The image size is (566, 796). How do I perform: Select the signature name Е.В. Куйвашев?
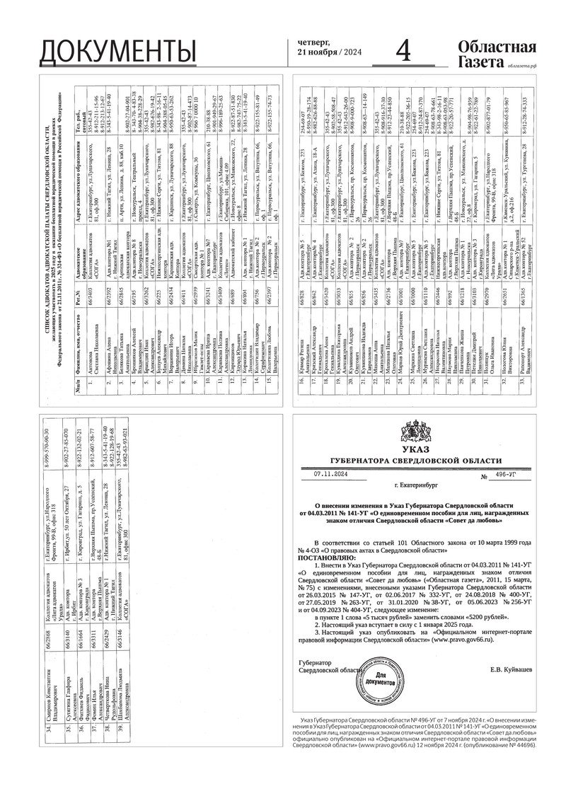(x=512, y=668)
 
